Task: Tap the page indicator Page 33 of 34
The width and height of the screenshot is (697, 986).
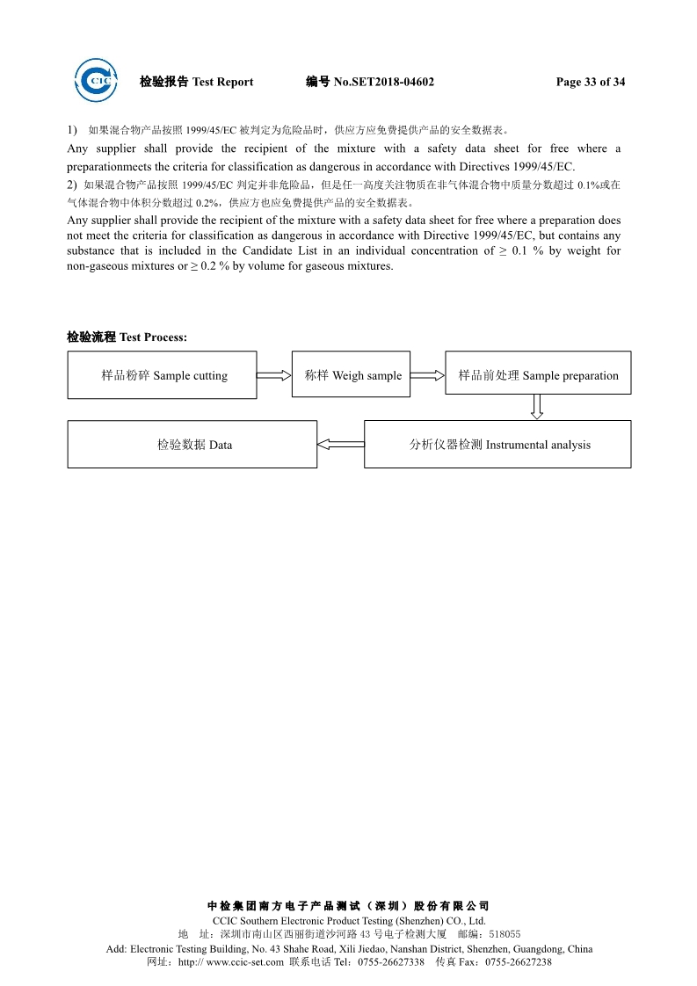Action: pyautogui.click(x=591, y=83)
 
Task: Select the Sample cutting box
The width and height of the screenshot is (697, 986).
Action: pyautogui.click(x=163, y=375)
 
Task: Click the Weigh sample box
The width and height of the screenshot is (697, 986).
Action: pyautogui.click(x=351, y=375)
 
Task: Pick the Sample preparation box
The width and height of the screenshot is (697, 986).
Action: pyautogui.click(x=538, y=375)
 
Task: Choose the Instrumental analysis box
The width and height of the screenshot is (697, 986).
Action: pyautogui.click(x=497, y=445)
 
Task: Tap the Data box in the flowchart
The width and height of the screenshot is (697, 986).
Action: pyautogui.click(x=192, y=445)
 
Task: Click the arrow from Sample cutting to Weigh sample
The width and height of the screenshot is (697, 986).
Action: pyautogui.click(x=274, y=375)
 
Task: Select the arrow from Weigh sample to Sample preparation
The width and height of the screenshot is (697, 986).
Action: pyautogui.click(x=427, y=375)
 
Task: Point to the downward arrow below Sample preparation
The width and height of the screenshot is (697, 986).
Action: pyautogui.click(x=537, y=406)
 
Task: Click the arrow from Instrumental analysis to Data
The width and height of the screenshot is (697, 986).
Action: pyautogui.click(x=340, y=445)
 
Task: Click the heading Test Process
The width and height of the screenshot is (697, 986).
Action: pyautogui.click(x=153, y=337)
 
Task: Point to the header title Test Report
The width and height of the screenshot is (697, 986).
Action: pyautogui.click(x=222, y=83)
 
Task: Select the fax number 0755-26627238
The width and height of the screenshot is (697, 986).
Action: pyautogui.click(x=519, y=962)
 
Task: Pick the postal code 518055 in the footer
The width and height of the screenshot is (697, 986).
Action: pyautogui.click(x=505, y=934)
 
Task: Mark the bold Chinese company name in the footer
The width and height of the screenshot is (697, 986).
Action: pyautogui.click(x=348, y=906)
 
